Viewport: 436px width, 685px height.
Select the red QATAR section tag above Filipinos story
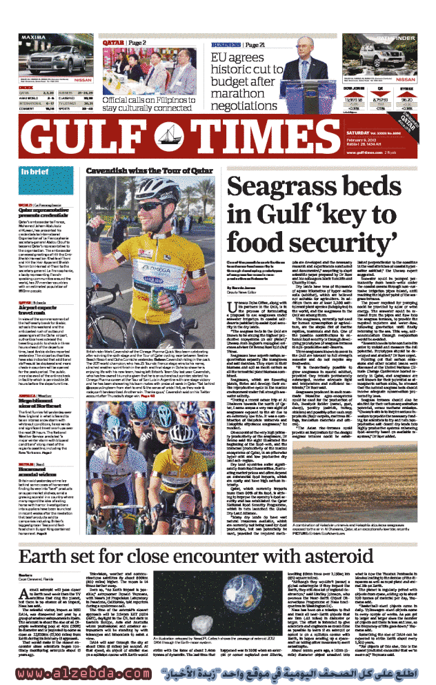113,43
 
